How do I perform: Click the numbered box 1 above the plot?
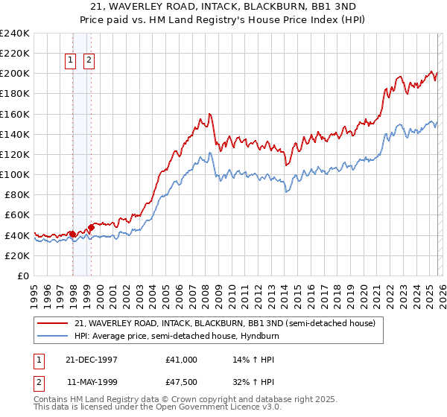point(71,60)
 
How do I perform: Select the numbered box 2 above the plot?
point(89,60)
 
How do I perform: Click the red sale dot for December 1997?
point(72,234)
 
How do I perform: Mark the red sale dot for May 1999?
point(91,227)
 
